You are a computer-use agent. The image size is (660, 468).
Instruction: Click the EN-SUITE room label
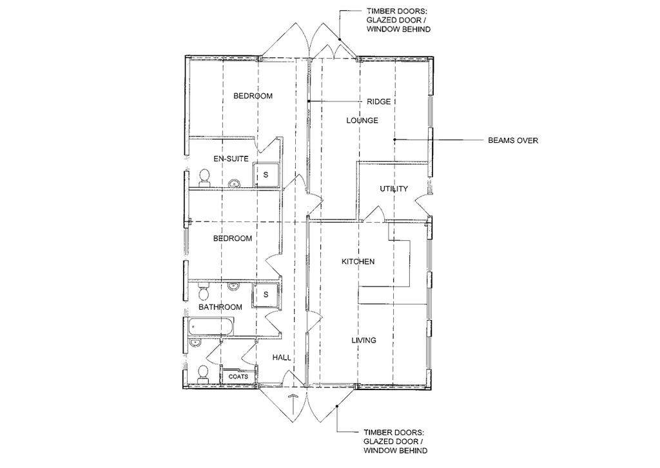231,158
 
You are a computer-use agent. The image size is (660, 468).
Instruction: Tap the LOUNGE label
362,120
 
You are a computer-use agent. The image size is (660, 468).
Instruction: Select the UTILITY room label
394,189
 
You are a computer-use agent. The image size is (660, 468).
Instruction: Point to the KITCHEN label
358,261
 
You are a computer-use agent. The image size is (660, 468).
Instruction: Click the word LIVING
364,340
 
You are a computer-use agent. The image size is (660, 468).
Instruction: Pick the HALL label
282,358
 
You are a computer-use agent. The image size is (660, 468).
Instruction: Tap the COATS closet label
238,377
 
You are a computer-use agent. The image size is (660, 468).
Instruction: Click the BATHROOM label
220,307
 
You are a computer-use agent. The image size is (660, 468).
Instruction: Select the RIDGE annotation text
378,102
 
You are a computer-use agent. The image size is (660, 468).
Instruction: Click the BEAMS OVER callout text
512,140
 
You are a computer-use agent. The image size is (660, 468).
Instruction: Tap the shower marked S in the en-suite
266,175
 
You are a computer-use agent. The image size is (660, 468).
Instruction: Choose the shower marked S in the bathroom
266,295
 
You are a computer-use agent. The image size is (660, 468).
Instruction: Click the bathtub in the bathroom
208,327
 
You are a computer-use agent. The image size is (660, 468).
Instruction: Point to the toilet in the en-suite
205,178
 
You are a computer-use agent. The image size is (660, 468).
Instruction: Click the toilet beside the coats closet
203,374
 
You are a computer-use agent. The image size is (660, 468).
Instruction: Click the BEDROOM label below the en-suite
232,238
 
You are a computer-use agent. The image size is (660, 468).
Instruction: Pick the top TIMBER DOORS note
398,21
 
